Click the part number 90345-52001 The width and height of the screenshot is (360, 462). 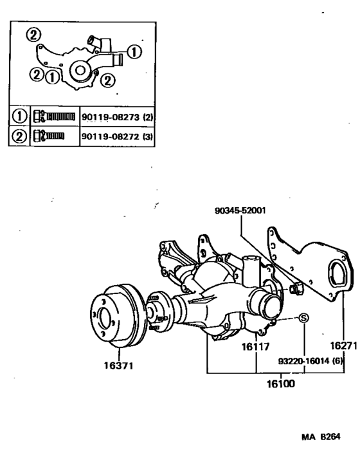(x=242, y=210)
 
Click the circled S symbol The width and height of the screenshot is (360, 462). (x=304, y=317)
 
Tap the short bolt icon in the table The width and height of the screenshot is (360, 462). (x=51, y=136)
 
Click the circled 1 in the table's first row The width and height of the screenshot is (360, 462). (x=20, y=116)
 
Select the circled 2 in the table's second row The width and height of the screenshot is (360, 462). (x=20, y=136)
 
